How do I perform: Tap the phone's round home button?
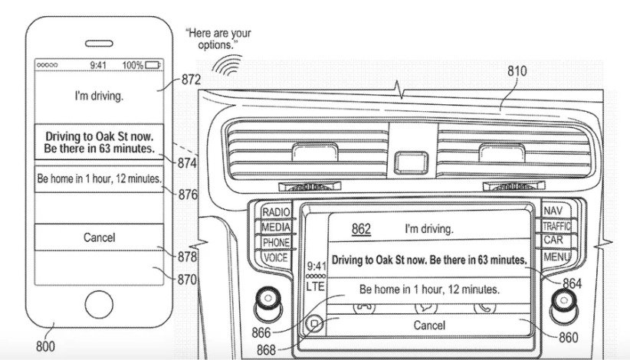pos(100,305)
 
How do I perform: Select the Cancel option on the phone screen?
pos(99,237)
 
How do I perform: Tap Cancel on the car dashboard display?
pos(428,326)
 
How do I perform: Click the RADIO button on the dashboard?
pos(275,212)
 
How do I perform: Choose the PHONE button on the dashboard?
pos(275,243)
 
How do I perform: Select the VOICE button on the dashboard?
pos(275,258)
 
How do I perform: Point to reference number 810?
pos(517,71)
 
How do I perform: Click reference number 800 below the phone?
pos(45,346)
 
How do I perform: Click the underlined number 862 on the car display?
pos(361,229)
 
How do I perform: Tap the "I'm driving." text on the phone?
pos(99,97)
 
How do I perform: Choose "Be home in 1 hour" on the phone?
pos(99,178)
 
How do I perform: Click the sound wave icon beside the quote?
pos(223,66)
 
